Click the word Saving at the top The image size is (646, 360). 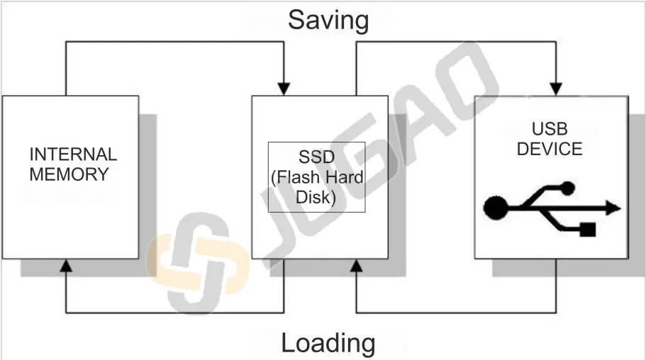[328, 20]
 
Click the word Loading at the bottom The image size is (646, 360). [328, 343]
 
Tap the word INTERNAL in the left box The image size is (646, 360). [73, 154]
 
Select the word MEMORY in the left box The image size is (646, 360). [69, 174]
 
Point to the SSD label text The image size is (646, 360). [316, 156]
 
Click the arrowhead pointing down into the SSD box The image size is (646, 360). [284, 89]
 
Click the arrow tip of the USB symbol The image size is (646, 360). [614, 208]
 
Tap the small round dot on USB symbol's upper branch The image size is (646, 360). [567, 188]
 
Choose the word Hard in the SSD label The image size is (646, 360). [345, 176]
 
